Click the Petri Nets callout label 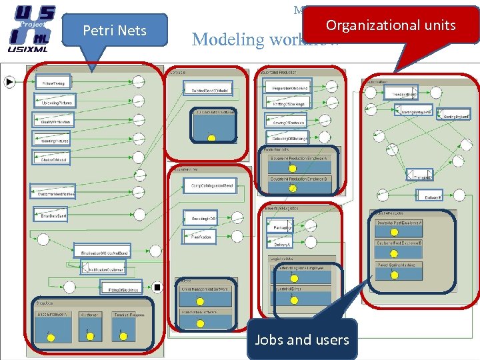tap(115, 30)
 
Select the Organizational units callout tap(390, 26)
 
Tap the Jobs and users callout tap(301, 339)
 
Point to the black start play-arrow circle tap(9, 82)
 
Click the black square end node tap(157, 287)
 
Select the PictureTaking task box tap(53, 83)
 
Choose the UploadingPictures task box tap(57, 102)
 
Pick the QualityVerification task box tap(56, 121)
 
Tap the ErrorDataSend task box tap(53, 216)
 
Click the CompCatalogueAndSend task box tap(209, 185)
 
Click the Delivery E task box tap(428, 196)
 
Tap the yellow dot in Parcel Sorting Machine tap(394, 276)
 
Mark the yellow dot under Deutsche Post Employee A tap(394, 232)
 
